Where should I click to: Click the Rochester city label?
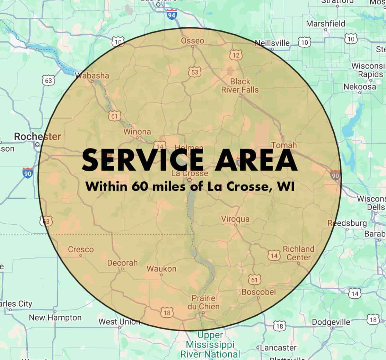coord(37,137)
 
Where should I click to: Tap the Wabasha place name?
coord(92,75)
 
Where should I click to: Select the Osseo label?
coord(193,41)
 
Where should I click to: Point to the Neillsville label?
coord(272,43)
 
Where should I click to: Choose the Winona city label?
coord(137,132)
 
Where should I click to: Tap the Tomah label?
coord(284,145)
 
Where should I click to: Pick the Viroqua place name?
coord(235,219)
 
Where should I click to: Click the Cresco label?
coord(81,249)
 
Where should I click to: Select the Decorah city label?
coord(122,263)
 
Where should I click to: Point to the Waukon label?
coord(161,269)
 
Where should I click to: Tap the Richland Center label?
coord(298,253)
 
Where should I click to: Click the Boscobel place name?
coord(258,292)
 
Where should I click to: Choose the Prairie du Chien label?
coord(203,302)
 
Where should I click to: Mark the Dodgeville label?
coord(331,322)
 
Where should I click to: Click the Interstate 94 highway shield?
coord(172,15)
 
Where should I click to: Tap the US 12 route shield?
coord(236,54)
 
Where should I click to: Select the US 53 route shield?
coord(195,72)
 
